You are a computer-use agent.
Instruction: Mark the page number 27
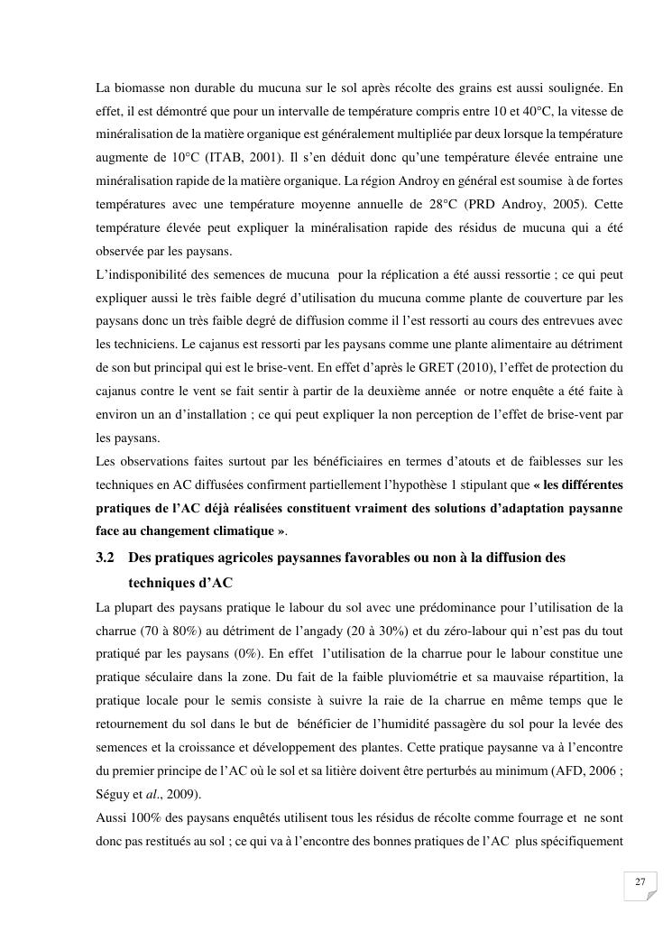(x=640, y=882)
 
